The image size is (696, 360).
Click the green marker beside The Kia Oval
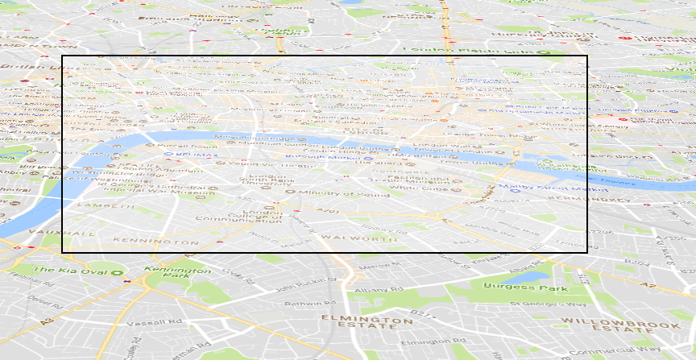(x=126, y=282)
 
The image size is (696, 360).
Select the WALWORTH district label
(x=349, y=238)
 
